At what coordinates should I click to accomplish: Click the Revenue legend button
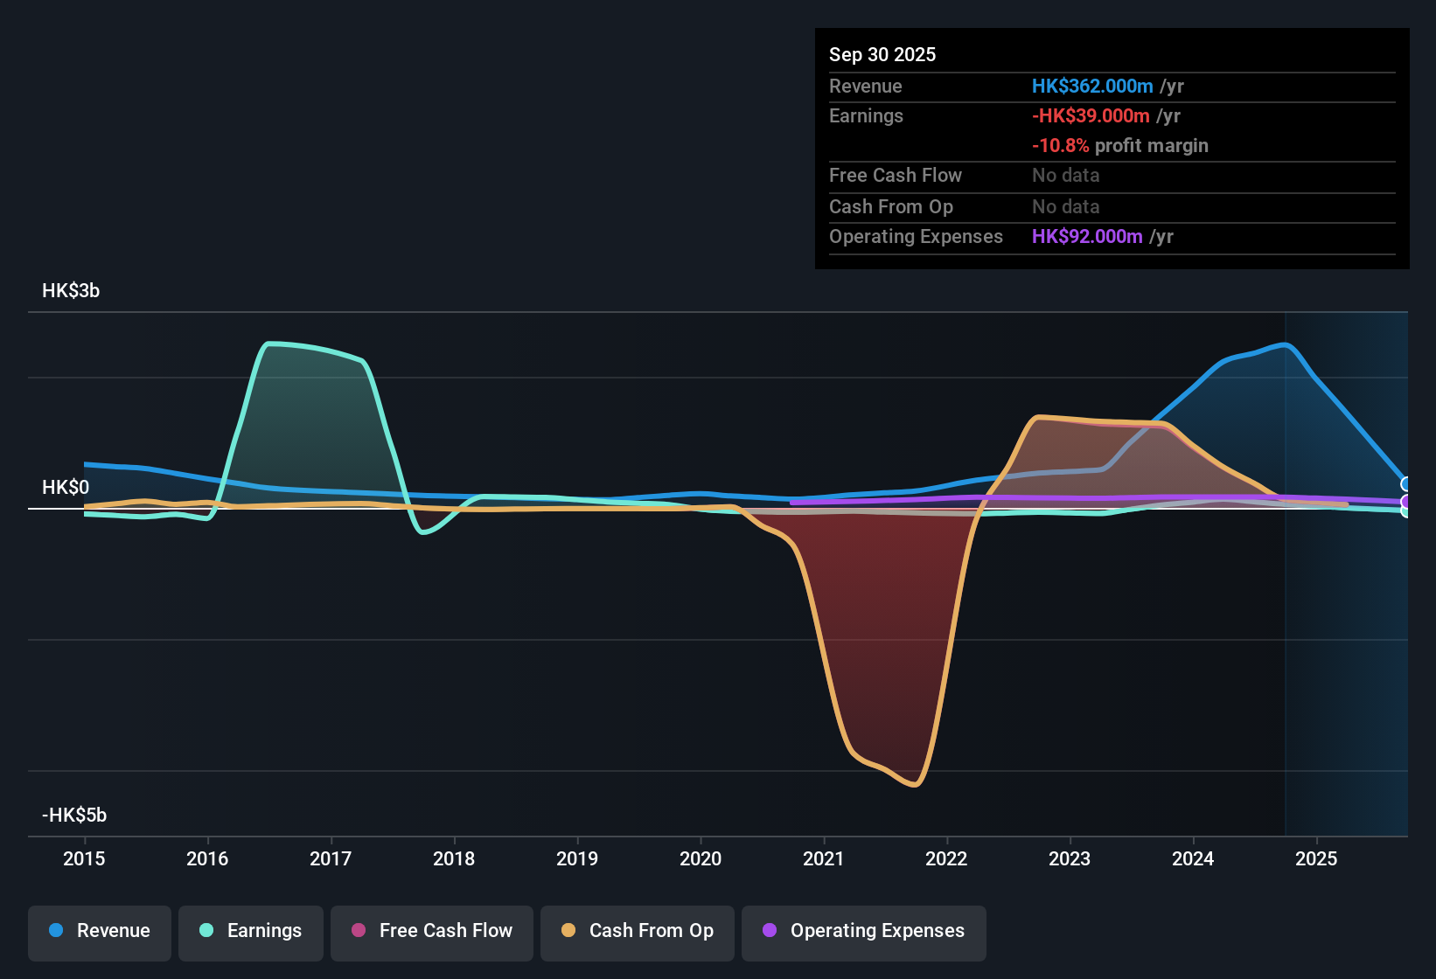(x=100, y=931)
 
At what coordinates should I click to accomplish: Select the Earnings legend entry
(x=251, y=931)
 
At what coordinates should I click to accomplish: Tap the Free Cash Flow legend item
(x=432, y=931)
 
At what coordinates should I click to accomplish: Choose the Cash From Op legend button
(x=638, y=931)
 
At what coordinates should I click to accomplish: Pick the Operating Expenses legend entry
(x=864, y=931)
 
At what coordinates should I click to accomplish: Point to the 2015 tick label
(x=84, y=858)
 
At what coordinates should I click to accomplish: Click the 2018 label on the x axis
(x=454, y=858)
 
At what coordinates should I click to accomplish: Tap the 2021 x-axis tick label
(x=824, y=858)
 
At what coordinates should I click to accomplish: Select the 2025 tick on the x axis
(x=1316, y=858)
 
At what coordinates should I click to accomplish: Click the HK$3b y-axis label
(x=71, y=291)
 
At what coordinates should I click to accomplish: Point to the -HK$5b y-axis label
(x=74, y=816)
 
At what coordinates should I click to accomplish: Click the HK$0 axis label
(x=66, y=488)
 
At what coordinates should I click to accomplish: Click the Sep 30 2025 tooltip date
(x=882, y=55)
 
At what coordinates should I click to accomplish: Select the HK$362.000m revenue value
(x=1092, y=87)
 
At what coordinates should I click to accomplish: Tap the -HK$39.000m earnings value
(x=1091, y=116)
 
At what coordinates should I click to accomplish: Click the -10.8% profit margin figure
(x=1060, y=146)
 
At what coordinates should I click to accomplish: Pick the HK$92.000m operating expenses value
(x=1087, y=237)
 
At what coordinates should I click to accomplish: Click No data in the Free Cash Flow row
(x=1066, y=176)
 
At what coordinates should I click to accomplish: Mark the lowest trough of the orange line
(x=914, y=785)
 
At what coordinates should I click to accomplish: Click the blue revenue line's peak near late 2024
(x=1285, y=344)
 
